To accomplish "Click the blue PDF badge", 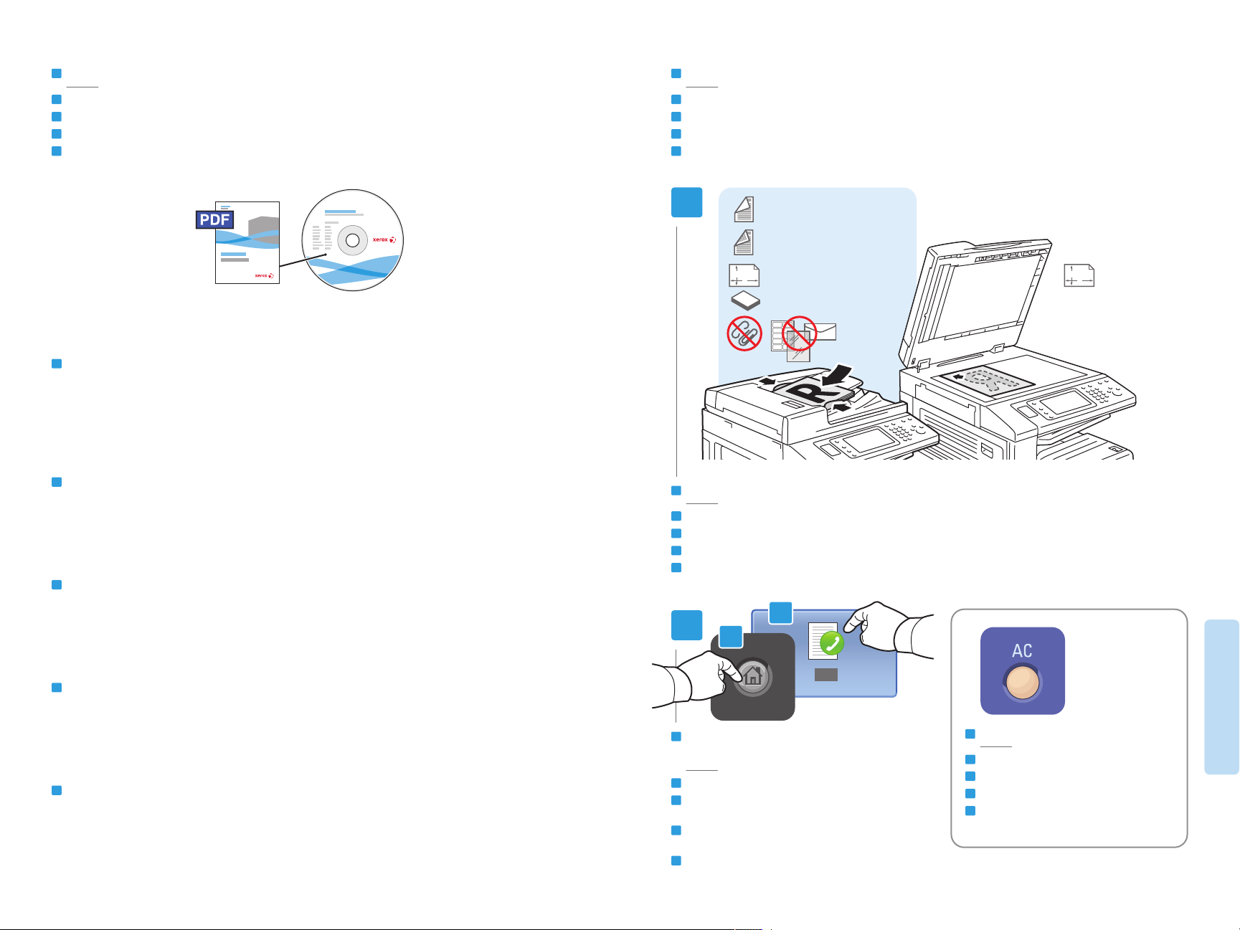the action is point(215,219).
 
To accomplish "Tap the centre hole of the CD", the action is point(352,241).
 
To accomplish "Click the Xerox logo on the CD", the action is point(384,239).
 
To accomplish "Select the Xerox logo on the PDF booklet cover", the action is point(264,275).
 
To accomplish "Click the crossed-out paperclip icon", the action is point(744,333).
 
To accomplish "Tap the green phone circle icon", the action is point(831,644).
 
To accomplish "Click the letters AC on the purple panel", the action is point(1022,651).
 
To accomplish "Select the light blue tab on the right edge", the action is point(1221,696).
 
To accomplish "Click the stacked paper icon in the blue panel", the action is point(745,301).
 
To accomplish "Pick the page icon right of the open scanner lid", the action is point(1079,275).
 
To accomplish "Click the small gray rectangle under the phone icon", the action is point(826,675).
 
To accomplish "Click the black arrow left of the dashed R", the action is point(958,376).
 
